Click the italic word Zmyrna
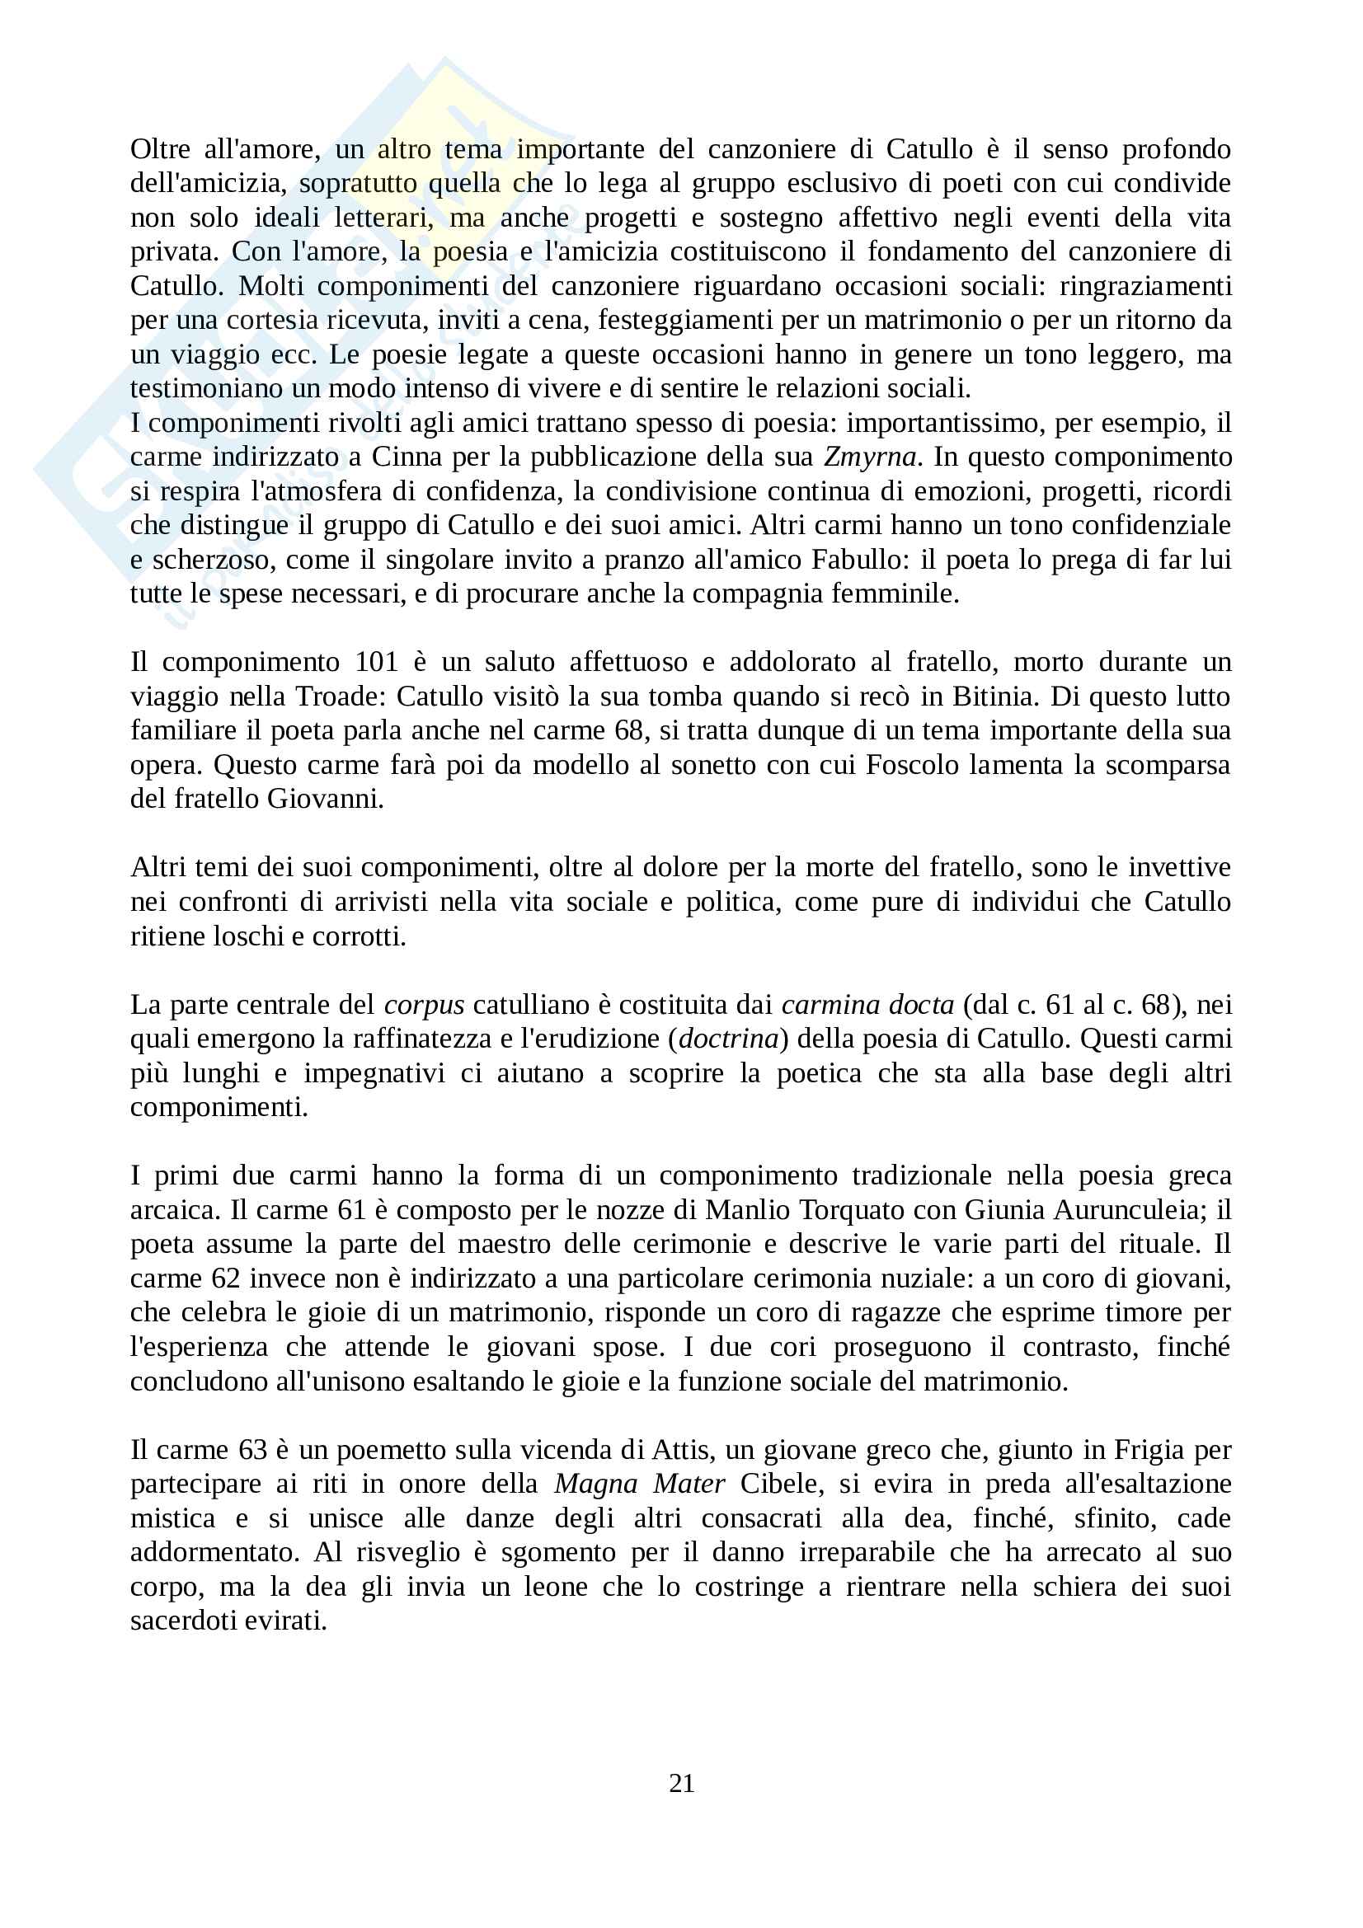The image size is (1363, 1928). [869, 457]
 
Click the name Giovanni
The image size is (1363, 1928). [325, 799]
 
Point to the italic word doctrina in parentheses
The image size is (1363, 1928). [728, 1039]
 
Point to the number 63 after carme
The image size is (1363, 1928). [254, 1450]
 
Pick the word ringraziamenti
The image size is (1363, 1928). [1145, 286]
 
